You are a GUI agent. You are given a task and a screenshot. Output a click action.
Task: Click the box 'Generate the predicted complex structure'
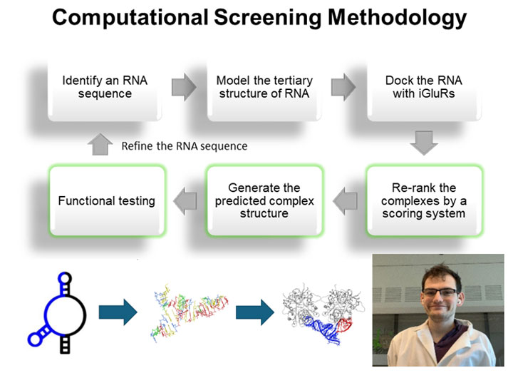click(x=264, y=200)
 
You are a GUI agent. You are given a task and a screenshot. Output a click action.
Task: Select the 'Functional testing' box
click(x=106, y=200)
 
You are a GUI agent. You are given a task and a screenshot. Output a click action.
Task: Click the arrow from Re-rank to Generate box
click(x=345, y=200)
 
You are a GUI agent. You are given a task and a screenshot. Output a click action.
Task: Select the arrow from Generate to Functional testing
click(x=185, y=200)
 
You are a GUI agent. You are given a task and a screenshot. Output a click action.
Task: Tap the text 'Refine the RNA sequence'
click(x=184, y=146)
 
